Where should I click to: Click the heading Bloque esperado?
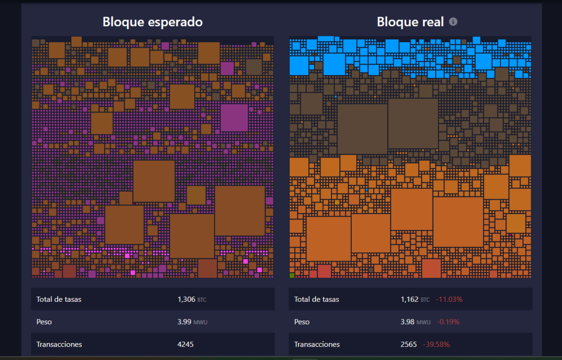pyautogui.click(x=153, y=22)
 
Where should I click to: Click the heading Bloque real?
pyautogui.click(x=410, y=22)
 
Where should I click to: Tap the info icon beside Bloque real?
pyautogui.click(x=453, y=22)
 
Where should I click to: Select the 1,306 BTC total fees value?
pyautogui.click(x=192, y=300)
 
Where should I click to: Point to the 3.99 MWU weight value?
pyautogui.click(x=192, y=322)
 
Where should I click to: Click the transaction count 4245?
pyautogui.click(x=186, y=345)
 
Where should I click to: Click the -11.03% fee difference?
pyautogui.click(x=449, y=300)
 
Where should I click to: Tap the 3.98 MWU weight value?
pyautogui.click(x=415, y=322)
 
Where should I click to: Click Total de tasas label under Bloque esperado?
pyautogui.click(x=58, y=300)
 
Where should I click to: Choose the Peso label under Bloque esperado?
pyautogui.click(x=44, y=322)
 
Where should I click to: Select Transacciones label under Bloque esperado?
pyautogui.click(x=59, y=345)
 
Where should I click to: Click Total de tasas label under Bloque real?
pyautogui.click(x=316, y=300)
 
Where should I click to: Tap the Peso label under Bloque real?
pyautogui.click(x=302, y=322)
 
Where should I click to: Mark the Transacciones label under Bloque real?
pyautogui.click(x=317, y=345)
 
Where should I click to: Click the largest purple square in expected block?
pyautogui.click(x=234, y=117)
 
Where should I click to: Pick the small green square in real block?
pyautogui.click(x=292, y=274)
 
